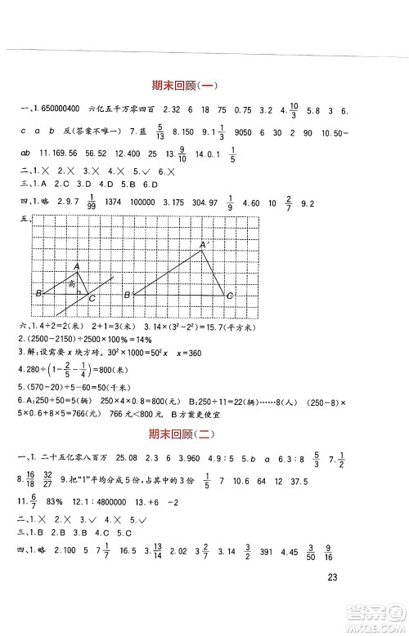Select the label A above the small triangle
pos(76,266)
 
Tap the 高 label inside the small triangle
pos(72,283)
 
